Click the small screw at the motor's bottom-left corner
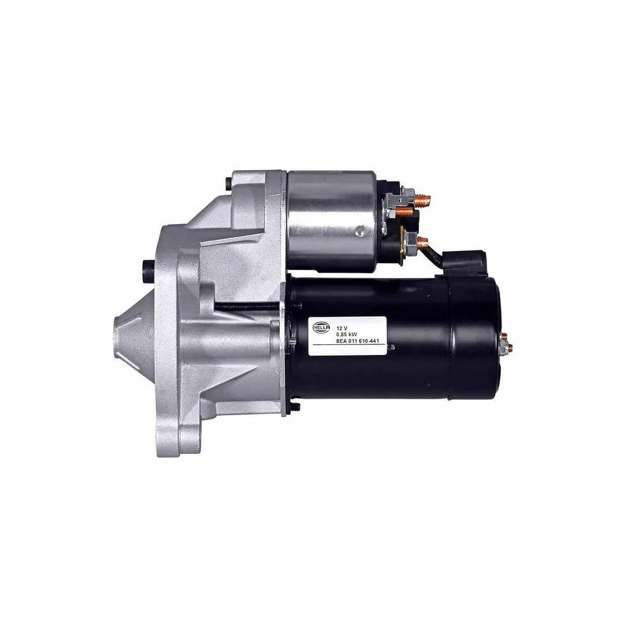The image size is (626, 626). click(x=294, y=407)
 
